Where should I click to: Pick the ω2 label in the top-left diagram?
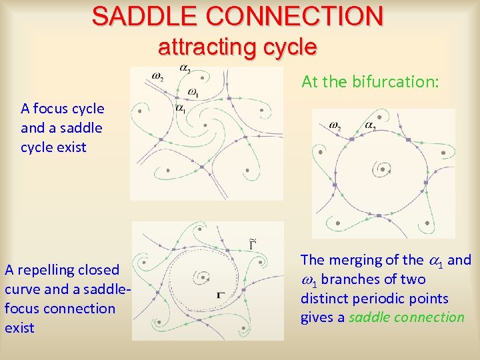pyautogui.click(x=159, y=76)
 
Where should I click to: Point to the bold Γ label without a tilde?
pyautogui.click(x=220, y=294)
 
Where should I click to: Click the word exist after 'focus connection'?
pyautogui.click(x=19, y=328)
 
